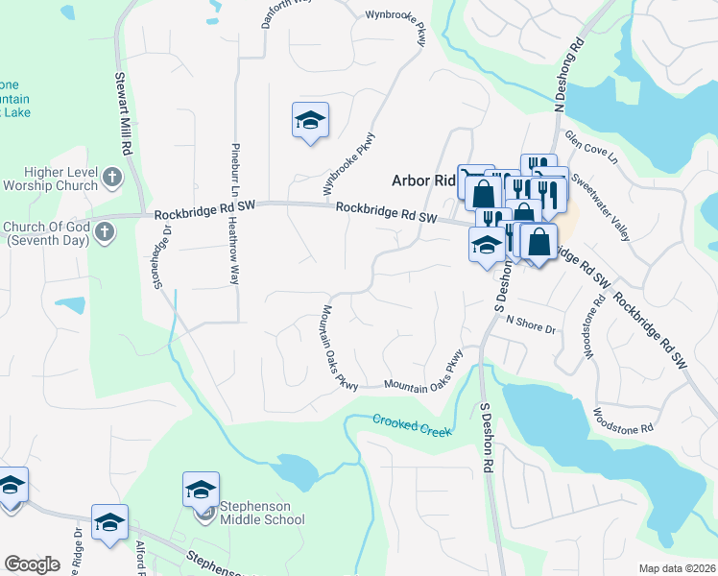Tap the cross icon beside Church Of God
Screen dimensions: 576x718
point(105,232)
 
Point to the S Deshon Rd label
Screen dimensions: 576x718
point(487,437)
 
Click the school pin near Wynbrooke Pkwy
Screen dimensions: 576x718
point(310,121)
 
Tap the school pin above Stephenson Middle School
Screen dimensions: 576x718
point(201,490)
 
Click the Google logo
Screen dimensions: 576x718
point(32,564)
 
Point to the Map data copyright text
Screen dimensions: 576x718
point(677,568)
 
